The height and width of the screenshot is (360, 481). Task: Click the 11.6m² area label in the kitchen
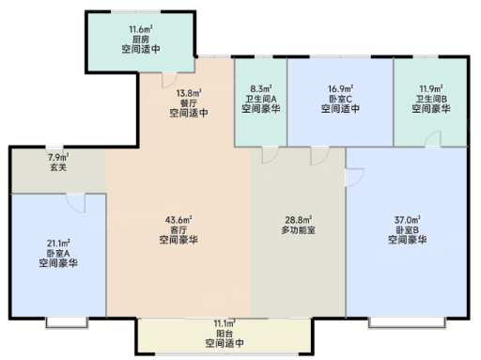coord(141,29)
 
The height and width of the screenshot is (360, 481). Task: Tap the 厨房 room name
coord(141,39)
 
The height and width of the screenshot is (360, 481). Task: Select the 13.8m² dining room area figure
coord(189,93)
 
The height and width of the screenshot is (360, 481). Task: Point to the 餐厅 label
coord(189,103)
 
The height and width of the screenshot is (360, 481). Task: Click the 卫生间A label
coord(261,99)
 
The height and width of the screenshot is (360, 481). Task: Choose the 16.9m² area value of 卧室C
coord(340,89)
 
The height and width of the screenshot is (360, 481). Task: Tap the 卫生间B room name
coord(431,99)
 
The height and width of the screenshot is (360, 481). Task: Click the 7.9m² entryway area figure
coord(58,157)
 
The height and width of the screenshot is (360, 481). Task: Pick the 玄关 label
coord(58,167)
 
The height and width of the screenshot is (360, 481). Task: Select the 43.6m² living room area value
coord(178,220)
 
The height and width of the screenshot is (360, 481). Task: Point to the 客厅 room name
coord(178,229)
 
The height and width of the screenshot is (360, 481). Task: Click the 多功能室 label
coord(298,230)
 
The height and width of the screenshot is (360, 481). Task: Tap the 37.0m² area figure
coord(408,220)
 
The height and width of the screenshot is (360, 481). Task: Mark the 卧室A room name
coord(58,253)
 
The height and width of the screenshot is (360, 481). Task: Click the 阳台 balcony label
coord(225,333)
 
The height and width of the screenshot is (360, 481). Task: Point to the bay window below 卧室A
coord(67,323)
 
